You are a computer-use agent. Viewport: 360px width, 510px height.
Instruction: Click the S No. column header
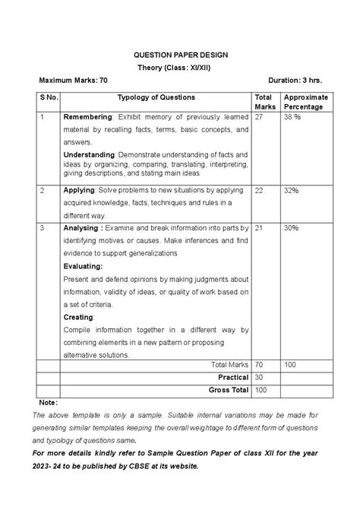(49, 97)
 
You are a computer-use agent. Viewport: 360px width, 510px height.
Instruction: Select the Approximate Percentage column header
(305, 102)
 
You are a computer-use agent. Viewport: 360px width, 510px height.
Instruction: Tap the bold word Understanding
(90, 154)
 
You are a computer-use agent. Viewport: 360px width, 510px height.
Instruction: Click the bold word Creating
(78, 316)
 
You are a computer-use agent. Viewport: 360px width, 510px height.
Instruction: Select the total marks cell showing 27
(260, 118)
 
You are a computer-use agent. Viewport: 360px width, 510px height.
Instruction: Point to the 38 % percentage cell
(292, 118)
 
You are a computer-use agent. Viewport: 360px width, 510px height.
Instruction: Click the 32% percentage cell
(291, 190)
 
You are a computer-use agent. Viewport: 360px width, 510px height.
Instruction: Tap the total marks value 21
(260, 227)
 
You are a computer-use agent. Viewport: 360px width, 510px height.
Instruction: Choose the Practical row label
(233, 377)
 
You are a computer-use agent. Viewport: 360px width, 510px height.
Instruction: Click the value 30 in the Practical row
(261, 377)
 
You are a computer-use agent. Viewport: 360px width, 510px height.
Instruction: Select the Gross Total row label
(229, 389)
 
